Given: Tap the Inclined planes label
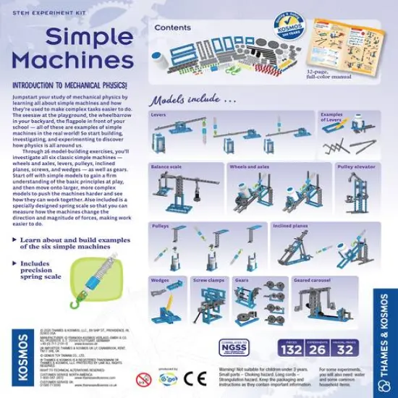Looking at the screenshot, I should pyautogui.click(x=289, y=226).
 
